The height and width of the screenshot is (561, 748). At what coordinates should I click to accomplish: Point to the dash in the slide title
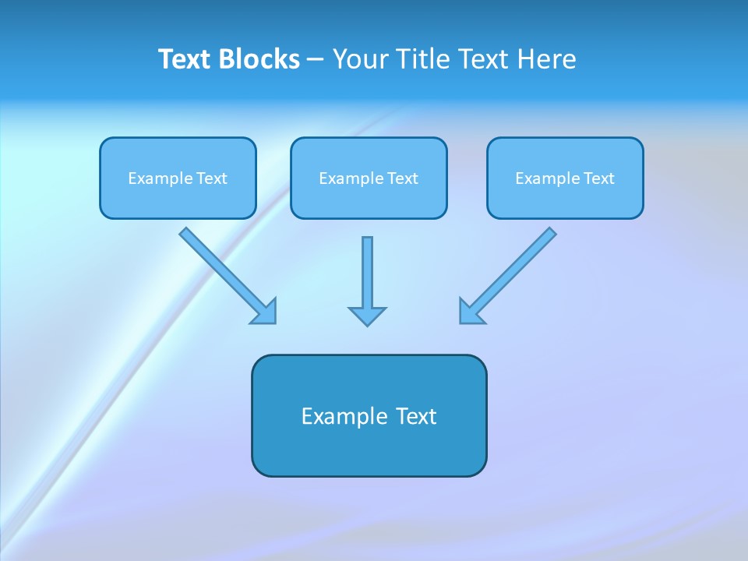pyautogui.click(x=316, y=60)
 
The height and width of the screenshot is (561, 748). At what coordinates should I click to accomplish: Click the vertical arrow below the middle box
pyautogui.click(x=367, y=273)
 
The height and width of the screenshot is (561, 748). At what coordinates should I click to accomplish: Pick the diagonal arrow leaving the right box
pyautogui.click(x=514, y=269)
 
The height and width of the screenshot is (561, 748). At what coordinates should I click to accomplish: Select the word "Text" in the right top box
pyautogui.click(x=599, y=178)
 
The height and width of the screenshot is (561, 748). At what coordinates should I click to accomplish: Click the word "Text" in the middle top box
pyautogui.click(x=403, y=178)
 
